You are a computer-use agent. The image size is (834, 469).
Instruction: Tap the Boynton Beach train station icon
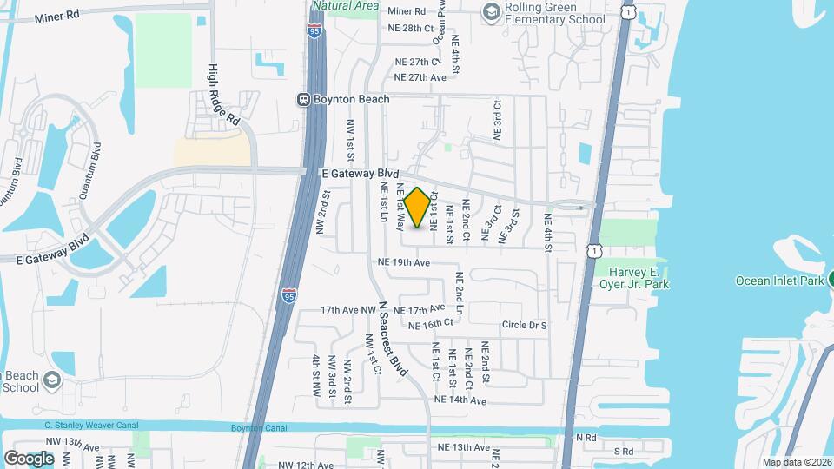304,100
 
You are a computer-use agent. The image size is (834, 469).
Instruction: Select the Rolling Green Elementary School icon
492,10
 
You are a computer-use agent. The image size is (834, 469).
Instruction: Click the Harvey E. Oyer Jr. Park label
634,277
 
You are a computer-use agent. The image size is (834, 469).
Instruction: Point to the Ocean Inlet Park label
779,281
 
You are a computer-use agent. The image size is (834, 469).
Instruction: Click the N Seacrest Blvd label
392,334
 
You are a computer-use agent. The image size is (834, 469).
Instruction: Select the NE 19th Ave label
404,262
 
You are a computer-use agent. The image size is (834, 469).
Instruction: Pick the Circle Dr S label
524,325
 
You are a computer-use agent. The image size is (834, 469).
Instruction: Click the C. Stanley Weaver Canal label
93,426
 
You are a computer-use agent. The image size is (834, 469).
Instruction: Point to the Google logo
28,458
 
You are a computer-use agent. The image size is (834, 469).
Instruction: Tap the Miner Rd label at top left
56,15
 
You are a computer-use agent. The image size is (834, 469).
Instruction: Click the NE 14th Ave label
460,400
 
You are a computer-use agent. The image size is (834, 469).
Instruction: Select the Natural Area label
346,5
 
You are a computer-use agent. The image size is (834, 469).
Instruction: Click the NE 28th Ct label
411,29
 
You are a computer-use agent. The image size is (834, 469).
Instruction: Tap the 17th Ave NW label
347,309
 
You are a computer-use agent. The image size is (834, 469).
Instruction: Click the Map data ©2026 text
796,462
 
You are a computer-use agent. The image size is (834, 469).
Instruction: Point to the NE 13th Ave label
465,447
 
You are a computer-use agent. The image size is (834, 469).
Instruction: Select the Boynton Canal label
258,427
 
